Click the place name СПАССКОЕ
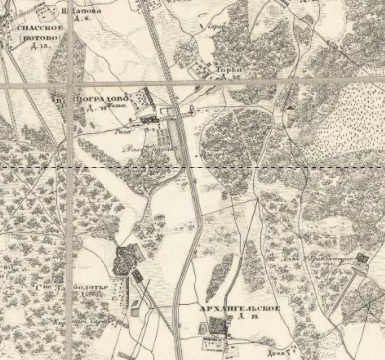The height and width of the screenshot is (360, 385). pos(40,28)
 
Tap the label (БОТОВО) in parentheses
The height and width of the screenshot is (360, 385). pos(39,38)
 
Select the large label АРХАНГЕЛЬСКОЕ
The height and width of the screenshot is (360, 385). pos(239,309)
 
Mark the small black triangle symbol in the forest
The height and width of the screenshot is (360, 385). pos(290,107)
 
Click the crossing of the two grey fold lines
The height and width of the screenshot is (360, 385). pos(70,85)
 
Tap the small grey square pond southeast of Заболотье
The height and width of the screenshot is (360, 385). pos(135,312)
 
